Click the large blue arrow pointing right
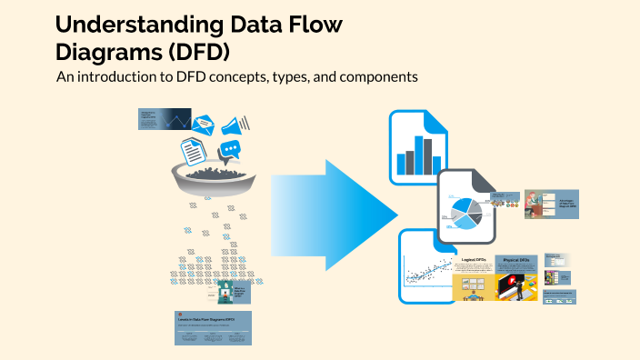point(336,213)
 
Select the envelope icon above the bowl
point(203,125)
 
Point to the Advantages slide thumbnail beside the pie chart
point(550,205)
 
